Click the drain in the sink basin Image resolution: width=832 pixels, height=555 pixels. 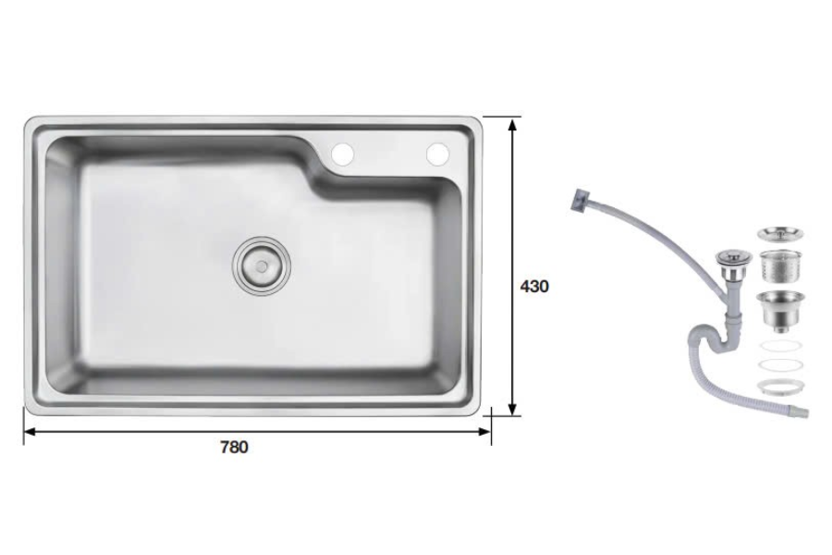260,264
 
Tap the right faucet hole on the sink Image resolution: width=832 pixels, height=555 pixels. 436,152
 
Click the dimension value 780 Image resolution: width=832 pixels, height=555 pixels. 234,448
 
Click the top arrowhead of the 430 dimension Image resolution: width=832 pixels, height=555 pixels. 513,121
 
